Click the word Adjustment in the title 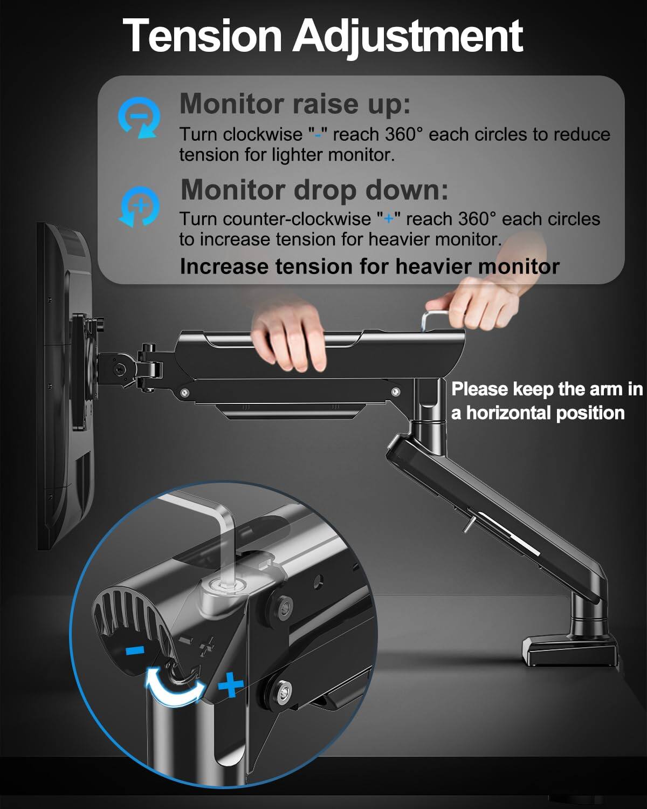(408, 36)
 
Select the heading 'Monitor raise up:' (294, 103)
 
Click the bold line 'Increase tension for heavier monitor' (369, 266)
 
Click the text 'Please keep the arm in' (546, 389)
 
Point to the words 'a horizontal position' (538, 413)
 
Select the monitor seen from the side (65, 388)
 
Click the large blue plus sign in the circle (231, 685)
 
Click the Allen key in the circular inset (229, 539)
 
